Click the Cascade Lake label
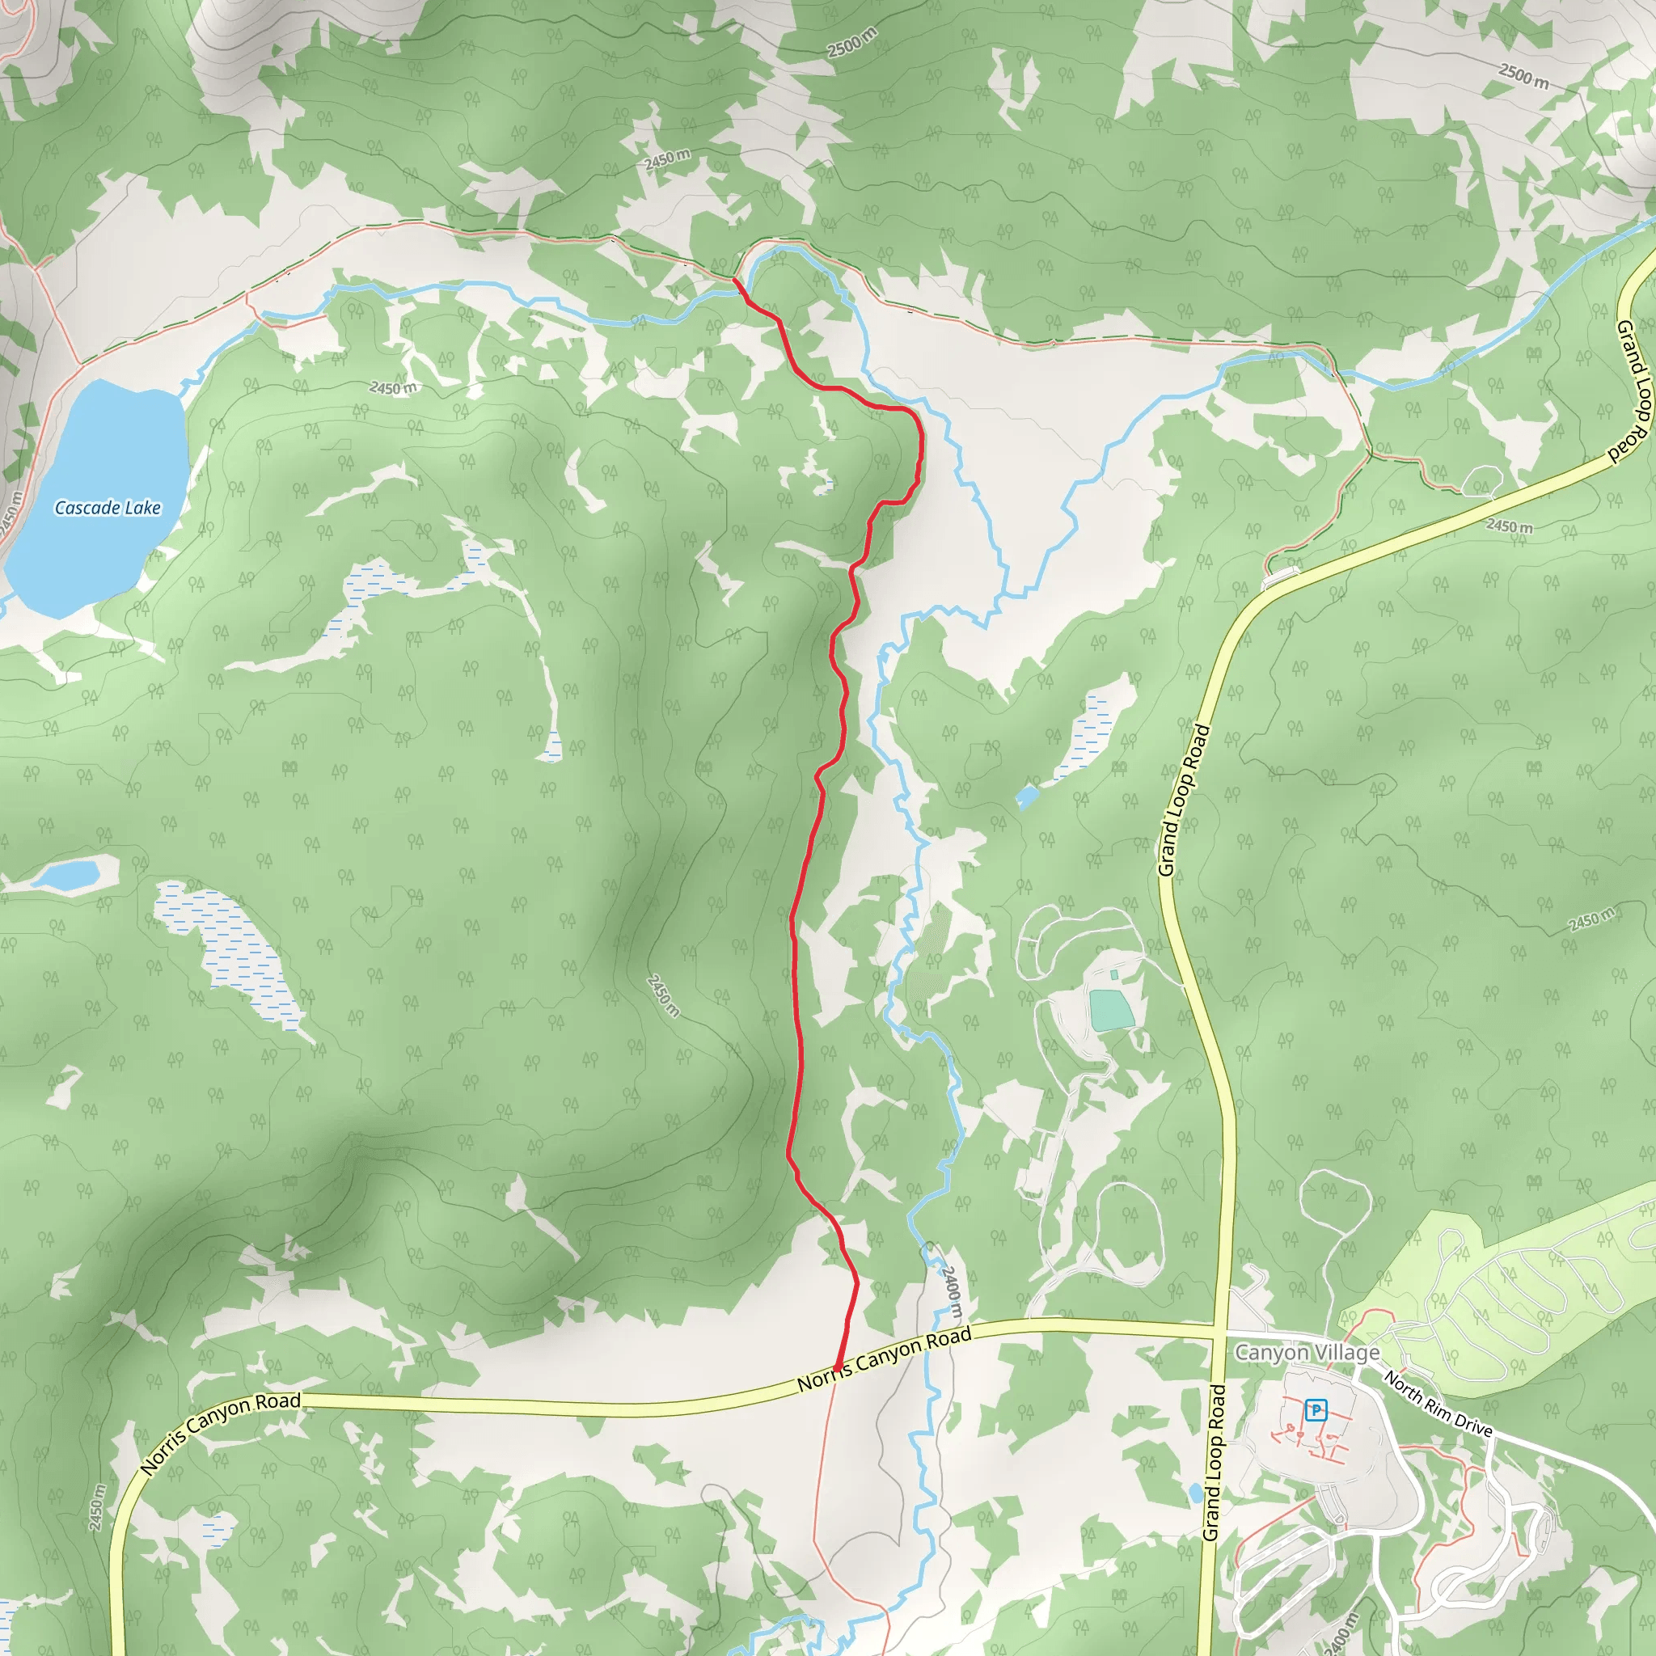108,508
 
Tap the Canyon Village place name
1307,1352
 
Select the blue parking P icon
1316,1409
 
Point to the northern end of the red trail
733,279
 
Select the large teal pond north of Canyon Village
1111,1010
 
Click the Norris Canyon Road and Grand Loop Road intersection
1216,1331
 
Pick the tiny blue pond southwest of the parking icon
1195,1493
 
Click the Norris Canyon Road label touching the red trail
885,1359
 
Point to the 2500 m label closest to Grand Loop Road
1524,75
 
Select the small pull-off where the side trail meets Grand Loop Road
1281,575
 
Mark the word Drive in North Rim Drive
1473,1425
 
